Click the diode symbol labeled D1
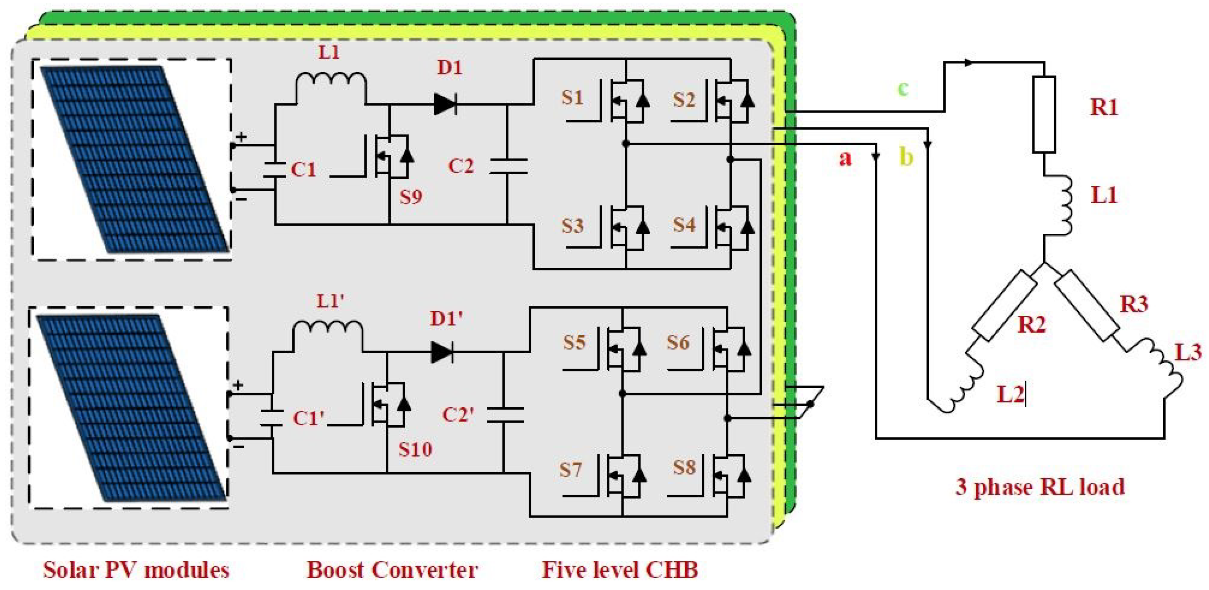(445, 104)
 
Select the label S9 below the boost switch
(410, 197)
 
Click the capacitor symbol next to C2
(508, 166)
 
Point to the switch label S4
(684, 225)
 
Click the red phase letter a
(845, 159)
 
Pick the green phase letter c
(903, 88)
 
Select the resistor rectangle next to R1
(1044, 115)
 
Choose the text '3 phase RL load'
(1040, 487)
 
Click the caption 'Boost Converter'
(392, 570)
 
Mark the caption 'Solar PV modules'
(136, 570)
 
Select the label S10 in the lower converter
(415, 450)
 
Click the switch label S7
(570, 470)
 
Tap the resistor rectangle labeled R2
(1004, 306)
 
